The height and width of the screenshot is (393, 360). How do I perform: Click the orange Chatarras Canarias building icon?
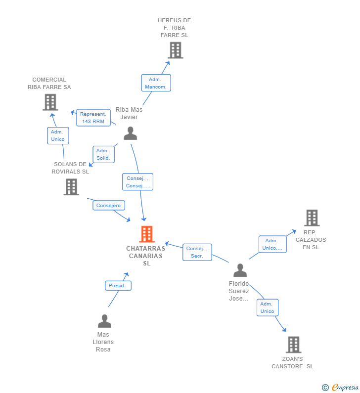[147, 234]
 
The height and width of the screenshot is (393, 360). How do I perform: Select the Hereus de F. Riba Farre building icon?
[175, 50]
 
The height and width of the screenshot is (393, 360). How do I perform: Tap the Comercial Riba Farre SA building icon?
[50, 102]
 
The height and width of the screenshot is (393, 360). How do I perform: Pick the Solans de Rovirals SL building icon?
[71, 187]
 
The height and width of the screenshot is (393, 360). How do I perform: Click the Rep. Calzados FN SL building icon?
[312, 218]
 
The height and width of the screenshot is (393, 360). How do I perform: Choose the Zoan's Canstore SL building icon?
[293, 345]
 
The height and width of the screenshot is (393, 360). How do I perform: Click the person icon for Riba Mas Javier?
[130, 133]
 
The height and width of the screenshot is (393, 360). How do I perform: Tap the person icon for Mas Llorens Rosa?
[104, 321]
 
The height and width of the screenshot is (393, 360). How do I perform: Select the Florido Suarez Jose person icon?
[240, 270]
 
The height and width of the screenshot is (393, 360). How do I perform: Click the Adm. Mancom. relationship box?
[156, 83]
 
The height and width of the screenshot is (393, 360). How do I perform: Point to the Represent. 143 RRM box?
[93, 118]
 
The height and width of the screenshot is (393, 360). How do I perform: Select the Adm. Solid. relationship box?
[103, 154]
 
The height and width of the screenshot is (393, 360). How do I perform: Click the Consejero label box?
[108, 206]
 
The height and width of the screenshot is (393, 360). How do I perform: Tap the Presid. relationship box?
[118, 286]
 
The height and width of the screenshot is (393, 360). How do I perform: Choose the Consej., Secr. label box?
[197, 252]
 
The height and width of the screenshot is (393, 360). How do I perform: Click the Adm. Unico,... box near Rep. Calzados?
[272, 244]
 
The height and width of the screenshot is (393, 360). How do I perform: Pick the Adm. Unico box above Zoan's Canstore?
[267, 307]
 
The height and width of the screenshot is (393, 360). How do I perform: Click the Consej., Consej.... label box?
[137, 182]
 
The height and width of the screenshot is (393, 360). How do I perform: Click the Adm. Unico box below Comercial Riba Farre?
[58, 135]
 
